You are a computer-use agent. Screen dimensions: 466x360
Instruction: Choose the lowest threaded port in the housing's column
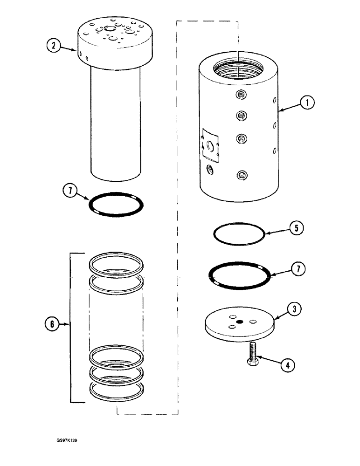click(x=242, y=175)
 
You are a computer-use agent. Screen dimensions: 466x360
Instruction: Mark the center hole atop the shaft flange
click(x=111, y=29)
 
